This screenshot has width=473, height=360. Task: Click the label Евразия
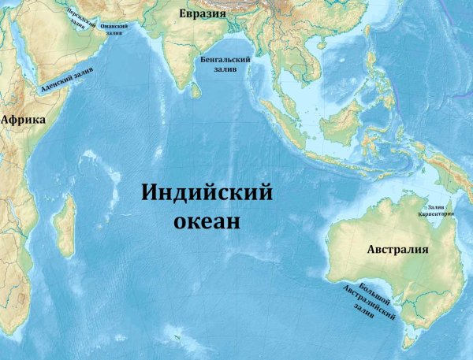point(203,14)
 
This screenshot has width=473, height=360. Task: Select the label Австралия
point(397,250)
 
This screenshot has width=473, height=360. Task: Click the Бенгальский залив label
point(225,64)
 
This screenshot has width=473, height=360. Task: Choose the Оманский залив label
point(114,27)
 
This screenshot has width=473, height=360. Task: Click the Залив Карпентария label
point(436,210)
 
